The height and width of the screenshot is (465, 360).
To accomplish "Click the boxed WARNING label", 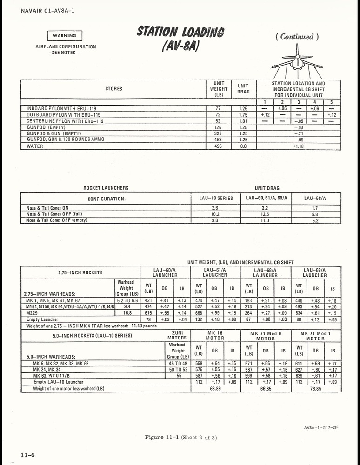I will (65, 36).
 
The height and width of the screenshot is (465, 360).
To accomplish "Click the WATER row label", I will (35, 146).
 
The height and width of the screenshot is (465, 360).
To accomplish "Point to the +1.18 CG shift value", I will (298, 146).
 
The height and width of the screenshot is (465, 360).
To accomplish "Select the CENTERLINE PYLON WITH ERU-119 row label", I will (65, 121).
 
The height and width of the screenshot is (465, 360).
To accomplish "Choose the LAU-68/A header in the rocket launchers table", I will (315, 198).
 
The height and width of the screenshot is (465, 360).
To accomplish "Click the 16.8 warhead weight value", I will (127, 313).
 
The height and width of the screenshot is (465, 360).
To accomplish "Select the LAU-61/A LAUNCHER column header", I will (215, 272).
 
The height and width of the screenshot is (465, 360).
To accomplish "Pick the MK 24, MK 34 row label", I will (50, 369).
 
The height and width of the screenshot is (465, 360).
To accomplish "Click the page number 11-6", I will (27, 455).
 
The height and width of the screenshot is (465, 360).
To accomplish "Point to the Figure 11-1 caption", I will (180, 437).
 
